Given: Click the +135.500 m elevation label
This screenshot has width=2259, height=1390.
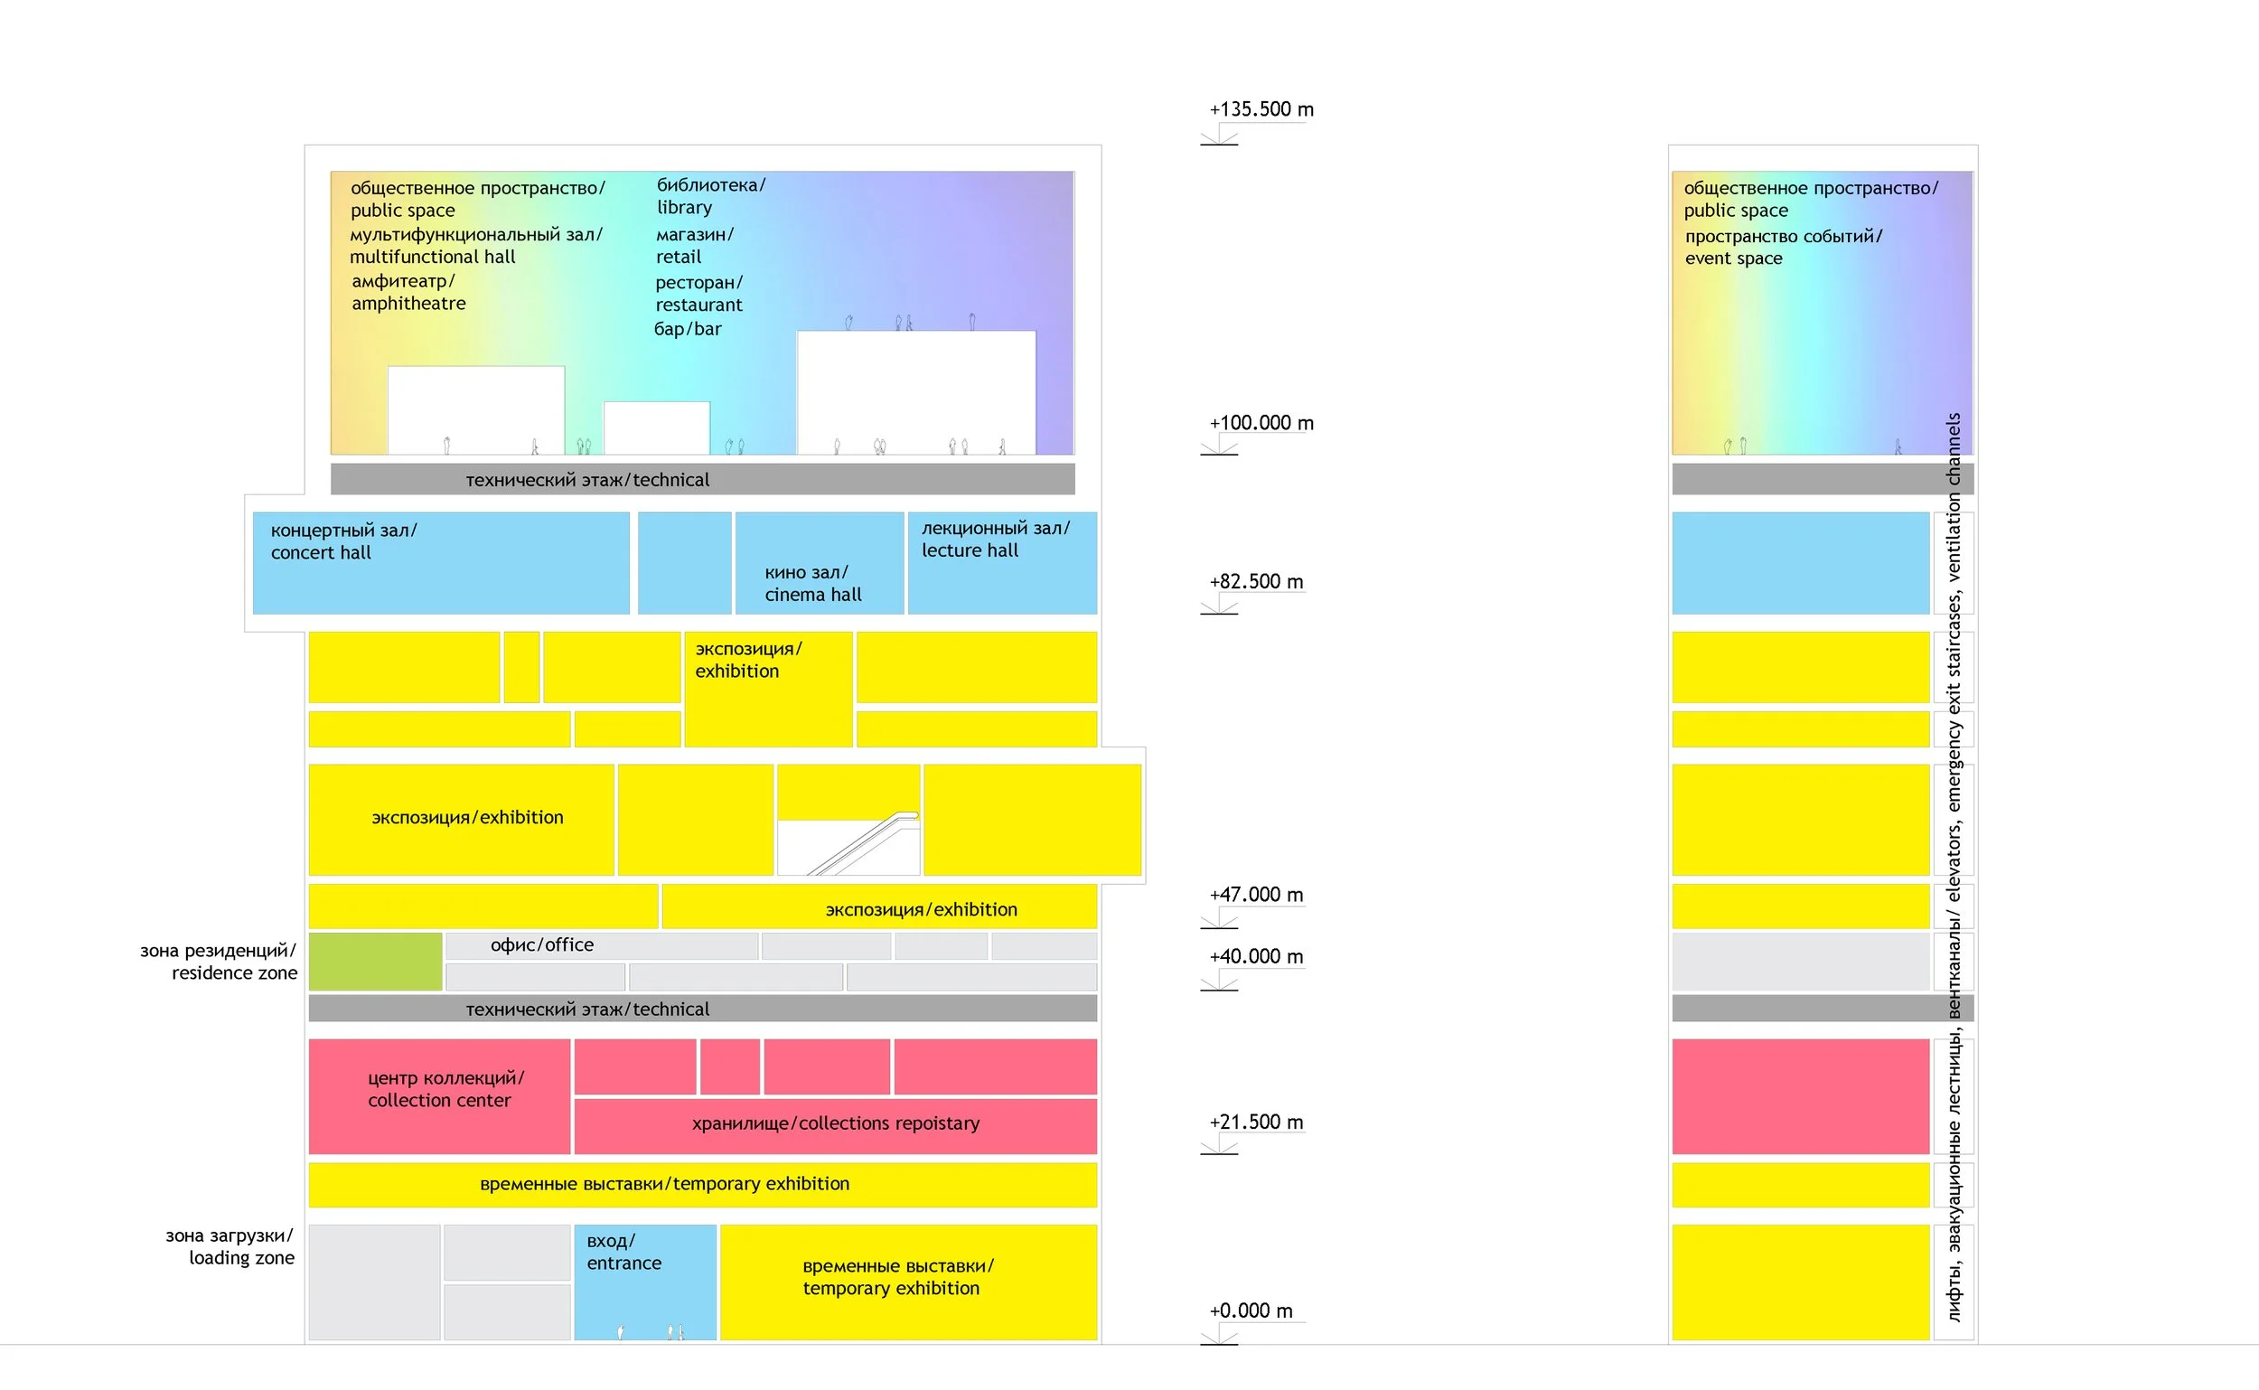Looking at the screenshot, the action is (x=1261, y=109).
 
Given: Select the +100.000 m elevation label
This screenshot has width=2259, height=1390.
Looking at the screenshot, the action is (x=1261, y=423).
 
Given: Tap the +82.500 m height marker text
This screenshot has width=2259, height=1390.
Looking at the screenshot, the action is (x=1256, y=582).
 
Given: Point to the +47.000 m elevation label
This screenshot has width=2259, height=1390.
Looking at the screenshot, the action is (x=1256, y=895).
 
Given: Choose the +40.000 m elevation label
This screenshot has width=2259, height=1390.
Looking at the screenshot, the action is (x=1256, y=956).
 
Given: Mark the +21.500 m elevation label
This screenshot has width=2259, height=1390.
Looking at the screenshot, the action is (x=1256, y=1122).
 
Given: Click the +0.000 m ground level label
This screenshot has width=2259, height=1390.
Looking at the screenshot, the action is (x=1251, y=1311).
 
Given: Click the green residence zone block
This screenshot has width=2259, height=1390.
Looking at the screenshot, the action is (x=375, y=962).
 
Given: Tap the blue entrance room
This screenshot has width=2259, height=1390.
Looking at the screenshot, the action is (x=645, y=1282).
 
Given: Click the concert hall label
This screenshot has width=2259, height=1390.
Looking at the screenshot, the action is (x=343, y=541).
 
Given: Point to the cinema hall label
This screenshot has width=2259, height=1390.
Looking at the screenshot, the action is (x=813, y=584).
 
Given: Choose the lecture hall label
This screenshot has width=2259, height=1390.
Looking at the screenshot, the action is (x=996, y=539).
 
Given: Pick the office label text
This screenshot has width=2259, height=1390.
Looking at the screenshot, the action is (x=542, y=945).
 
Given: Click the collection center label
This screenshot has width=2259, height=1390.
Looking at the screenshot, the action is (x=445, y=1089).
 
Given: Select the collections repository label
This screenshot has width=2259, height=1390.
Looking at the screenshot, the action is (x=836, y=1123).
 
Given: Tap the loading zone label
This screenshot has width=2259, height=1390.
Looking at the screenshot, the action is (x=230, y=1246).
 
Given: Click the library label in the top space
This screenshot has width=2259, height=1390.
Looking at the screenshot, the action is (x=710, y=196).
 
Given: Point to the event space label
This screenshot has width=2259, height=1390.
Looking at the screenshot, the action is (x=1783, y=248).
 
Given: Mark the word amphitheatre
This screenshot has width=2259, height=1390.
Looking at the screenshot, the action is (x=409, y=304).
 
